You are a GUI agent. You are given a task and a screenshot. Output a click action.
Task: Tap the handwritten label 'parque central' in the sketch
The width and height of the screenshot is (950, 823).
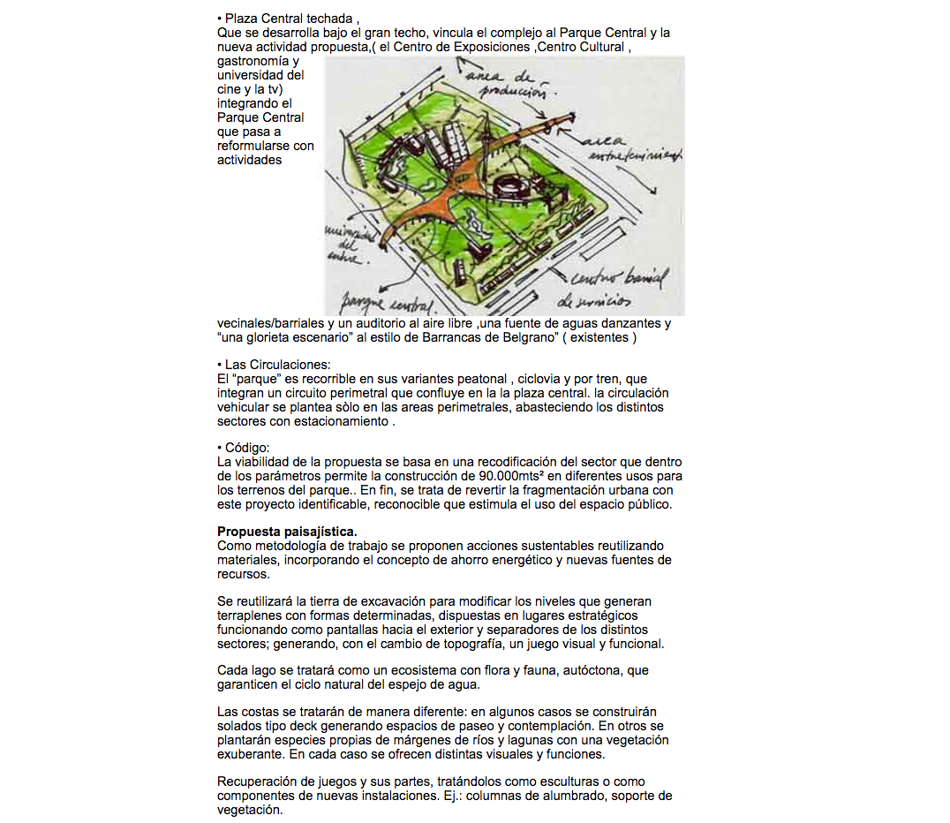tap(389, 304)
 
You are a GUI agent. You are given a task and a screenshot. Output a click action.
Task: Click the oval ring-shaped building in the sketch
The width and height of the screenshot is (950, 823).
tap(515, 187)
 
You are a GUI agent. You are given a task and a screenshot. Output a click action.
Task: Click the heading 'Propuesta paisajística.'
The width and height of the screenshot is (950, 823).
tap(287, 532)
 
